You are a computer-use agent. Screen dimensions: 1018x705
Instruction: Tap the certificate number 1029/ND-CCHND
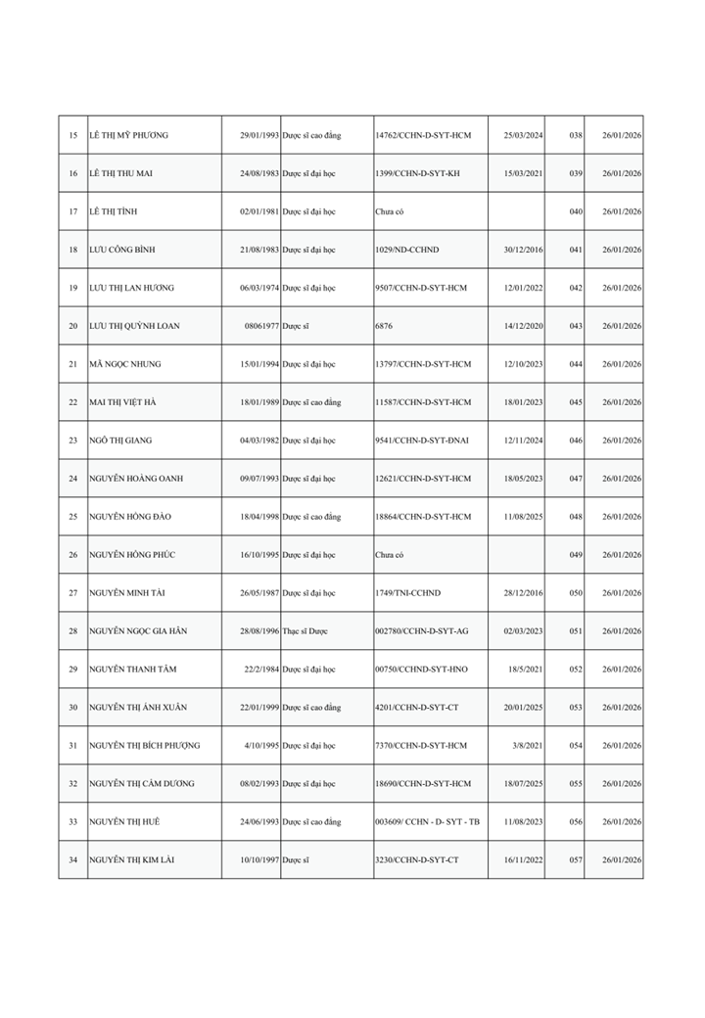(407, 250)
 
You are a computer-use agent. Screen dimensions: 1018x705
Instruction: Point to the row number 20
(73, 326)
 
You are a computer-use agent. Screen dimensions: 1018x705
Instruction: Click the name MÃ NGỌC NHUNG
(125, 364)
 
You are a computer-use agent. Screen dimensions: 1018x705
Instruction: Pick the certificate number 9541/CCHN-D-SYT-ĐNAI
(422, 440)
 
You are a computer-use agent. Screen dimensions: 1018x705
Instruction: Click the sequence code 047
(576, 479)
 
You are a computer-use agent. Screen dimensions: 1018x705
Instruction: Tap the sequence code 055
(576, 784)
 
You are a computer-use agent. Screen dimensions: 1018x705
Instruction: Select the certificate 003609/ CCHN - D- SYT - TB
(427, 822)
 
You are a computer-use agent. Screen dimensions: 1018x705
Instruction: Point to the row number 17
(73, 211)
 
